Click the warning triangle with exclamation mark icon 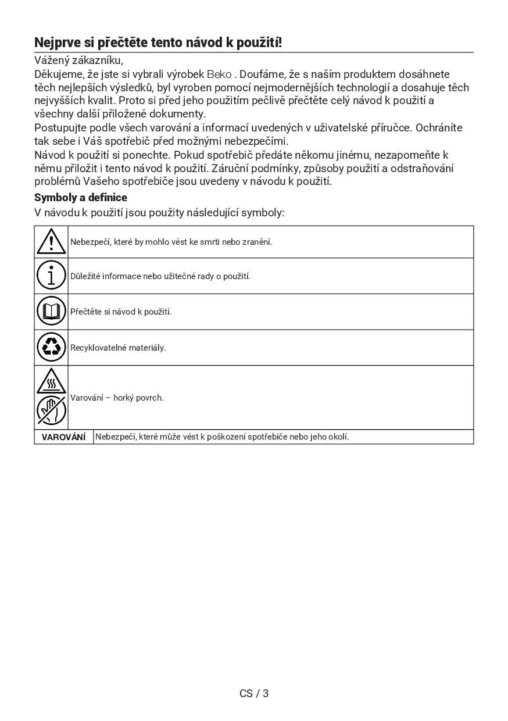coord(51,241)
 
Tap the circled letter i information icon coord(51,276)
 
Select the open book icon coord(51,311)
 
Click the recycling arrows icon coord(51,347)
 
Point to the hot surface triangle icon coord(51,381)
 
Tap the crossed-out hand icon coord(51,411)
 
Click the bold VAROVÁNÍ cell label coord(64,437)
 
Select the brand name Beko coord(219,74)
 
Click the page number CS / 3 coord(254,693)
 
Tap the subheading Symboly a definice coord(81,197)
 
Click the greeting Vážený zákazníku coord(78,60)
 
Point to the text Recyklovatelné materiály coord(118,348)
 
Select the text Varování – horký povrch coord(117,398)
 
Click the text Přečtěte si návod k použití coord(121,312)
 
